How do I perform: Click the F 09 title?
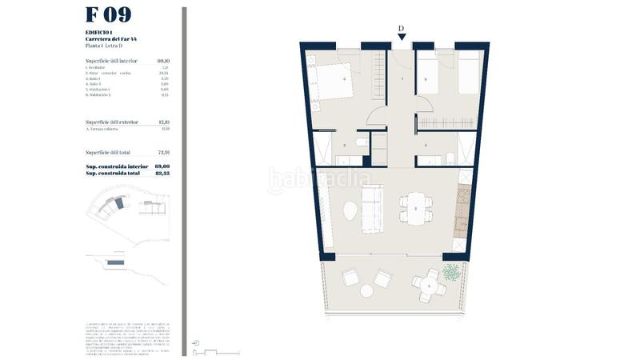coord(108,15)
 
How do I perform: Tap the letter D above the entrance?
coord(401,27)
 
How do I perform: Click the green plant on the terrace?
coord(454,273)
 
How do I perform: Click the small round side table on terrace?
coord(366,291)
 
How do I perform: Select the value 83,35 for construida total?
coord(164,173)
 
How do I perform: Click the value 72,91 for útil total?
coord(164,152)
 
